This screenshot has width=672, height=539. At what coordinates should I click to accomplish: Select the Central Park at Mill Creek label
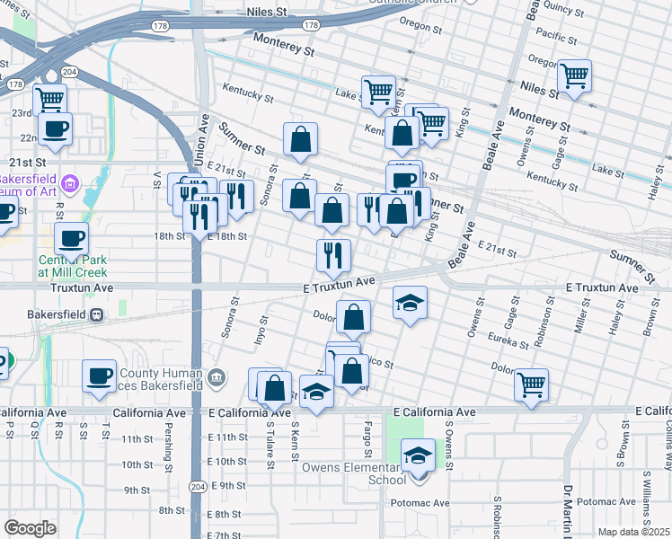(72, 265)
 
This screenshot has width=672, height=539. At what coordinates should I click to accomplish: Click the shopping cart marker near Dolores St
(531, 384)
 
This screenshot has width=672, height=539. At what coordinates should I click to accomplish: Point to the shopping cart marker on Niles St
(573, 77)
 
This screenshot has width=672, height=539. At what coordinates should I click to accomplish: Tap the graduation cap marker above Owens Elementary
(418, 455)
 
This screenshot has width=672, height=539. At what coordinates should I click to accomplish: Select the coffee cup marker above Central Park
(71, 239)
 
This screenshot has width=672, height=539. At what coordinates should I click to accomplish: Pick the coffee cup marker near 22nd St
(54, 128)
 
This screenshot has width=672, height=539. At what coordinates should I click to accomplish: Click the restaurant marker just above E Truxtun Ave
(332, 256)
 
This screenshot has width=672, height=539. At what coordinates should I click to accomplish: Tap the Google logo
(30, 528)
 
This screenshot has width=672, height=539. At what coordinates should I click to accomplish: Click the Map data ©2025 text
(633, 532)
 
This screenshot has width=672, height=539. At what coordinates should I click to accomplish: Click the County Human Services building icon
(216, 378)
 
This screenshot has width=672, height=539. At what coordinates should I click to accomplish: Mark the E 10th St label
(226, 461)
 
